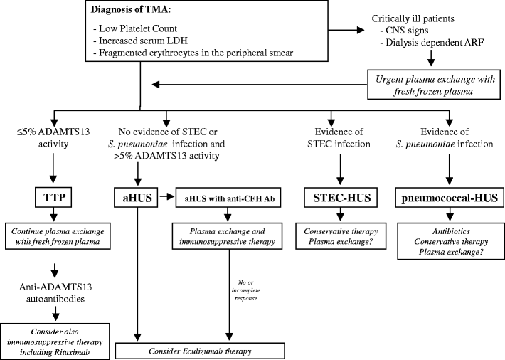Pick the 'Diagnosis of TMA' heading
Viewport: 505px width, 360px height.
[124, 12]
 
